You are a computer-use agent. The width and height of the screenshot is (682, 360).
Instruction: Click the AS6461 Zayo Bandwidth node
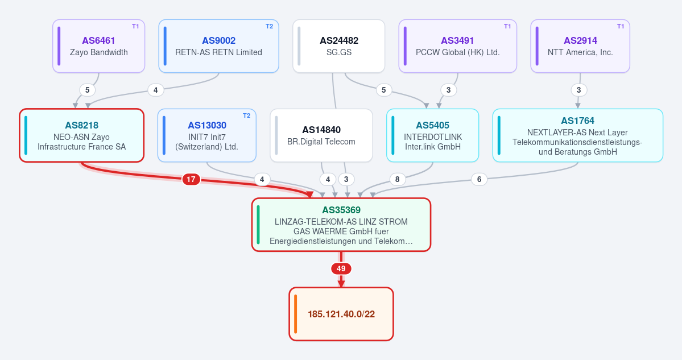(99, 46)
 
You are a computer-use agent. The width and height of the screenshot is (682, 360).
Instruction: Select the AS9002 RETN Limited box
(219, 46)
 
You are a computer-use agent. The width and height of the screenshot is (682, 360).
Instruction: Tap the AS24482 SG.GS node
(339, 46)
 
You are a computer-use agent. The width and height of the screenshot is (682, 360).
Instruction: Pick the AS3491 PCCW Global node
(457, 46)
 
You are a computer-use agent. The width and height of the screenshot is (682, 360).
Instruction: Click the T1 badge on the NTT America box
(621, 27)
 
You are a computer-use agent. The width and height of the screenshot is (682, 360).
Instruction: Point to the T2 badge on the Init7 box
(247, 115)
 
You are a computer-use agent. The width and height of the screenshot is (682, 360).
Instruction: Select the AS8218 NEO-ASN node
(82, 135)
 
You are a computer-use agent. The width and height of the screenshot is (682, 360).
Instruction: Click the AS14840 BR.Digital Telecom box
(321, 135)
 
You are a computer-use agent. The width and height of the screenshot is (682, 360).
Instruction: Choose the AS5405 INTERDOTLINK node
(433, 135)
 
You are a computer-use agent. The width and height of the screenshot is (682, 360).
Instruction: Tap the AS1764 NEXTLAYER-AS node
(577, 135)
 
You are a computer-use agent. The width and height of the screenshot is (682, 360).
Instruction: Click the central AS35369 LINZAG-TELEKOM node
(341, 225)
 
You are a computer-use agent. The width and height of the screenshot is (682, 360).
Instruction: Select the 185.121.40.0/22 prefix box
(341, 314)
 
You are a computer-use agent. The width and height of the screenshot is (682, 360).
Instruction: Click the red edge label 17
(191, 179)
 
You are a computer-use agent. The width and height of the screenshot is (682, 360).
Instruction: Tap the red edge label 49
(341, 268)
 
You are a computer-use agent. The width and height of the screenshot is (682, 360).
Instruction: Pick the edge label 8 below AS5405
(397, 179)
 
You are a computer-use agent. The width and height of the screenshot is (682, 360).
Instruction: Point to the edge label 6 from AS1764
(480, 179)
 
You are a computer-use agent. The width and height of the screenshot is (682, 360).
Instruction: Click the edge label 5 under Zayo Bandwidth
(88, 90)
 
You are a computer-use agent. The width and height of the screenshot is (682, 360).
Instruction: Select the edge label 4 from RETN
(156, 90)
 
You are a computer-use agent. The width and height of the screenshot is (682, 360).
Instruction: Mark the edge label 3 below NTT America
(578, 90)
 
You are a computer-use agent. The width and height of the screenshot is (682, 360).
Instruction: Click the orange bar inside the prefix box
(296, 314)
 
